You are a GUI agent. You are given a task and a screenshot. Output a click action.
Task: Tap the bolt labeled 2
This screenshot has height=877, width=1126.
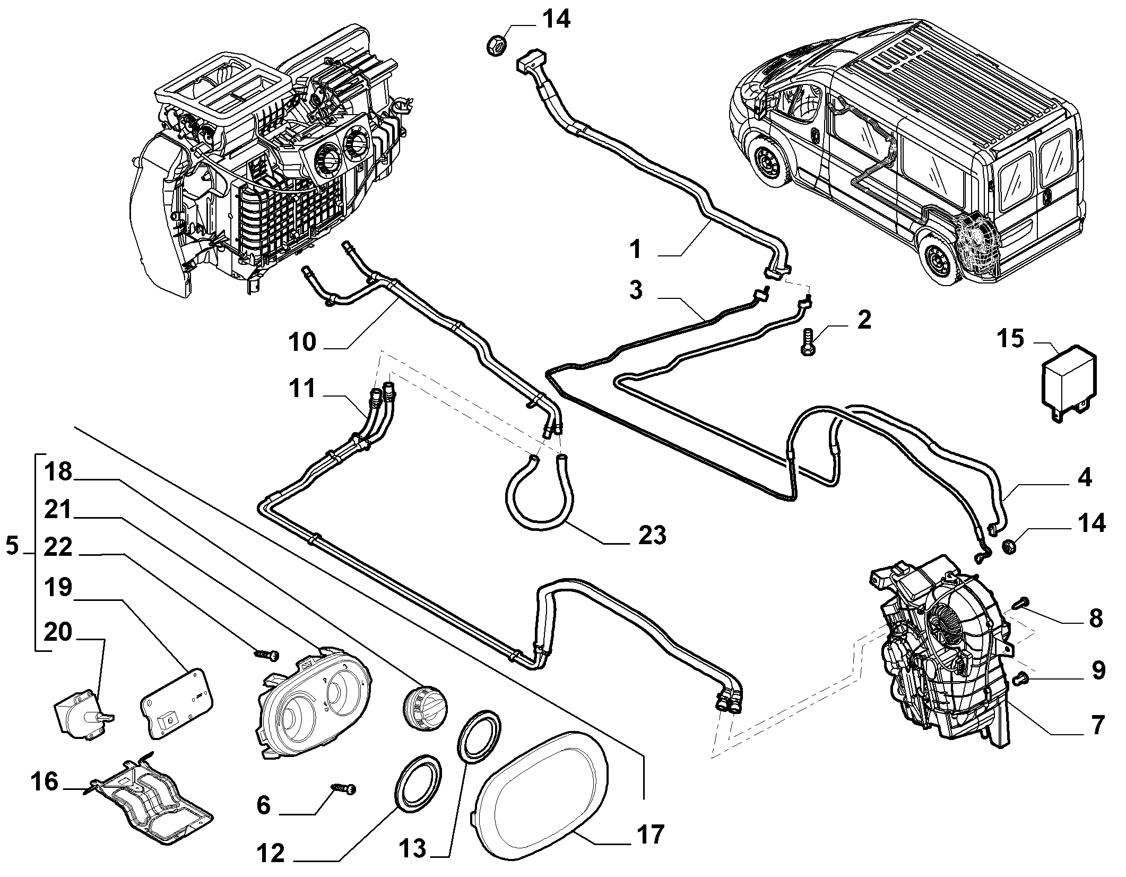[807, 343]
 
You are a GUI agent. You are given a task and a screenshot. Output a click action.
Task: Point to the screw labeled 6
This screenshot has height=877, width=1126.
[343, 790]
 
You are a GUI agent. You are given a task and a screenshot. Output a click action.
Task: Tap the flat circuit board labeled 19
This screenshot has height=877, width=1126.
[176, 702]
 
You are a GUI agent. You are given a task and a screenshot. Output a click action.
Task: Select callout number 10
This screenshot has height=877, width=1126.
[302, 343]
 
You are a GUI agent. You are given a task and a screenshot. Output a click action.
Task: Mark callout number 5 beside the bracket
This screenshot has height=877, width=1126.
[13, 546]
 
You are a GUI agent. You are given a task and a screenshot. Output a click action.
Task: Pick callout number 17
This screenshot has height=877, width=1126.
[650, 835]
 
